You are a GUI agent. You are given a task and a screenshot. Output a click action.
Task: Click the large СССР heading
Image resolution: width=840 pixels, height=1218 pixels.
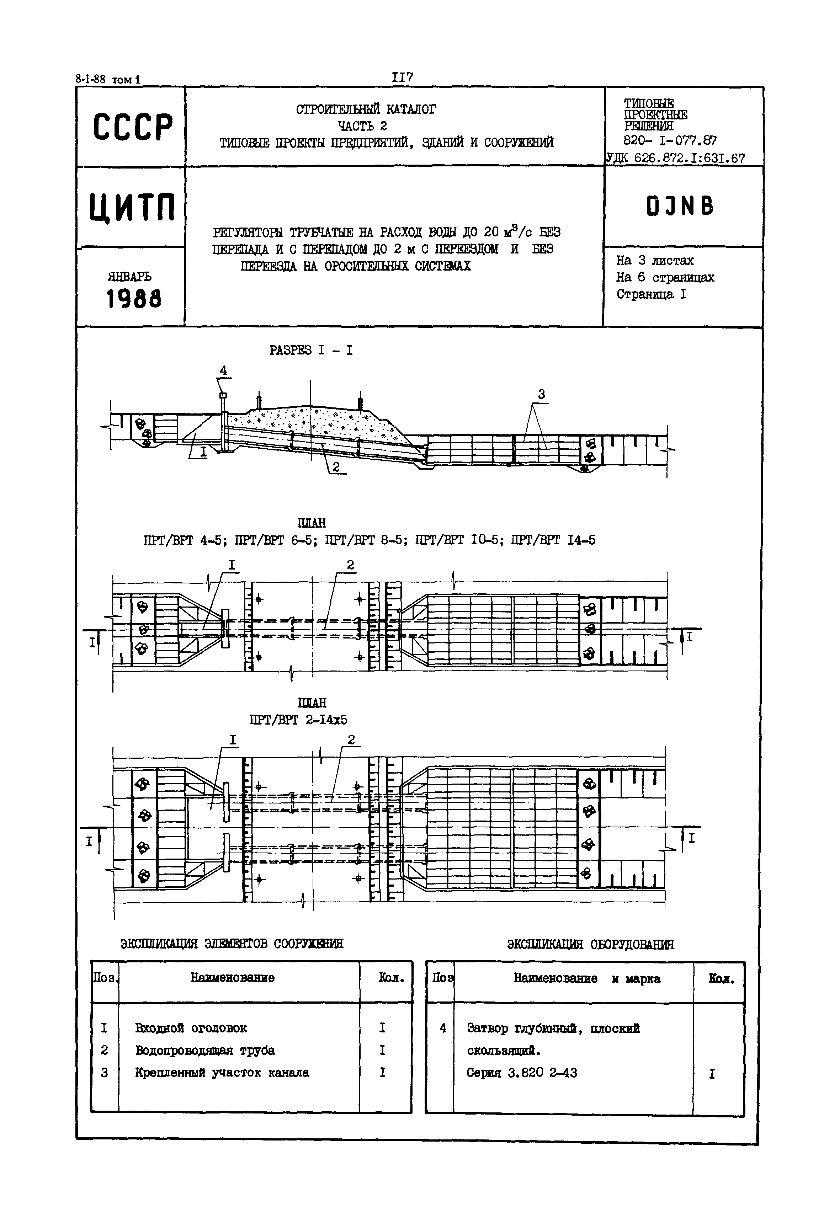(x=133, y=127)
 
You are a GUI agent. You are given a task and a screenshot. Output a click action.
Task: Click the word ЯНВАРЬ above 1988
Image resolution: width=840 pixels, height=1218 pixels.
(x=129, y=276)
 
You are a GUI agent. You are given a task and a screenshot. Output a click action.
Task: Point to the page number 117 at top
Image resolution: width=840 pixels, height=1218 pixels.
(x=402, y=78)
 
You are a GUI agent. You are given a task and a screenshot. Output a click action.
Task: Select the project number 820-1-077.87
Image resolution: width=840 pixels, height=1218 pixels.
(x=669, y=140)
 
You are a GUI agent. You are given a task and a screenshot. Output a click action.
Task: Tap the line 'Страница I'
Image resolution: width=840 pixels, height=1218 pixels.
(x=651, y=294)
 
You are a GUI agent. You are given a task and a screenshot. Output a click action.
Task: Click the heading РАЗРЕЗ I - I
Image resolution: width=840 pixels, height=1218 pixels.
(x=311, y=350)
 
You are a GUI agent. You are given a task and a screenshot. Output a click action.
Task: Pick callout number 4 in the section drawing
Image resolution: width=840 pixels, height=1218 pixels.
(x=223, y=371)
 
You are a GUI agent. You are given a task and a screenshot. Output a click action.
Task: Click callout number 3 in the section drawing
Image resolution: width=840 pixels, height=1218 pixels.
(x=541, y=394)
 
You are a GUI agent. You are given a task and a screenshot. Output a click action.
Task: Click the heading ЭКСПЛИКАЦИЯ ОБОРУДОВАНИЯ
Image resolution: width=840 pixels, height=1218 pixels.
(x=591, y=944)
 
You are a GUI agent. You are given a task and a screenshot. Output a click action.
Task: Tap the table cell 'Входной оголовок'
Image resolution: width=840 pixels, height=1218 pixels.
(x=191, y=1027)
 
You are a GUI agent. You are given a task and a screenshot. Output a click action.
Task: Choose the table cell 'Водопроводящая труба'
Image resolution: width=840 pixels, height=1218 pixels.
(x=205, y=1050)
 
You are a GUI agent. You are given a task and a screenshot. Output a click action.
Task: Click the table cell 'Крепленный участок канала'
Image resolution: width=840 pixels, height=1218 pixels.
(x=222, y=1072)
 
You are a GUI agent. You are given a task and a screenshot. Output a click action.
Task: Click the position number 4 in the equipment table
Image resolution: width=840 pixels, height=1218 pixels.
(x=443, y=1027)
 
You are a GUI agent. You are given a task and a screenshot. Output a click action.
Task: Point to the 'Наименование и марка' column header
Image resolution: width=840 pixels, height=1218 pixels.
(x=586, y=978)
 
